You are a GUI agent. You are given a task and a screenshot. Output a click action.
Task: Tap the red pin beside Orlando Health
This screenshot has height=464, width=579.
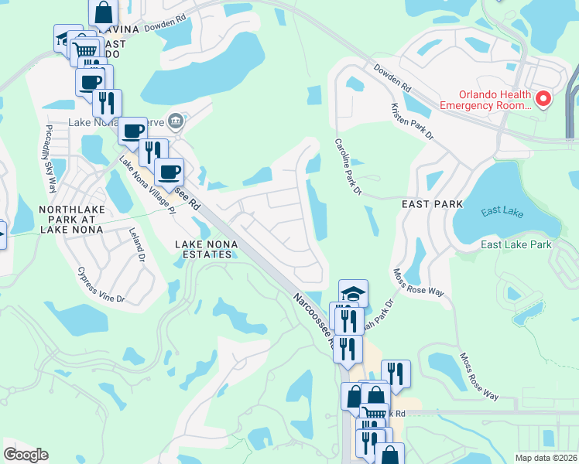point(543,98)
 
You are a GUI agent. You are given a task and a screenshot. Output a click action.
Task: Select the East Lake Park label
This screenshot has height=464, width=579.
point(516,245)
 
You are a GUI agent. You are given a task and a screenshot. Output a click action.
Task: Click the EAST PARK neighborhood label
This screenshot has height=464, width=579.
point(432,204)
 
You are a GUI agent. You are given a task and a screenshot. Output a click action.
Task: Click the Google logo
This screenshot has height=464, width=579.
point(26,455)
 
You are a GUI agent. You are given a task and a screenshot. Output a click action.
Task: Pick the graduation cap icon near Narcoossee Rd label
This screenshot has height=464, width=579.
point(353,293)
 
